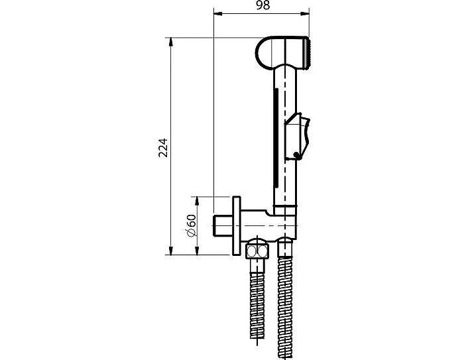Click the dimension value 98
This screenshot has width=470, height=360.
[263, 5]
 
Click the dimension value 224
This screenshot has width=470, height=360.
[163, 148]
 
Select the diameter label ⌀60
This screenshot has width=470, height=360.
[191, 225]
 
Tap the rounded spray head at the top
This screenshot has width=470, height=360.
[282, 52]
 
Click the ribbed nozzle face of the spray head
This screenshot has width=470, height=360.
[307, 53]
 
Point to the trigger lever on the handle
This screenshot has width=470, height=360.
[298, 135]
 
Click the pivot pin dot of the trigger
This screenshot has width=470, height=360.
[297, 155]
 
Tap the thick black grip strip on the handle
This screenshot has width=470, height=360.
[276, 137]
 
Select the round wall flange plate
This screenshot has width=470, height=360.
[237, 226]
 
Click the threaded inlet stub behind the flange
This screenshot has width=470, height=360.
[223, 225]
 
